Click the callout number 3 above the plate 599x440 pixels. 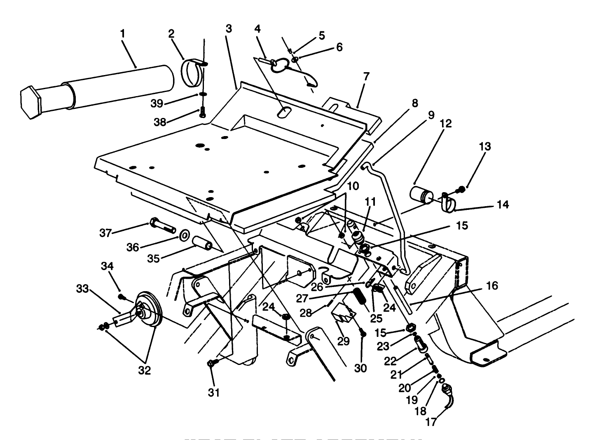point(229,29)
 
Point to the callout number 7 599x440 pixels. point(366,76)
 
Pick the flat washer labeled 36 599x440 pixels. point(184,235)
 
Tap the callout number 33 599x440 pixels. point(83,289)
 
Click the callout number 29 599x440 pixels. point(343,341)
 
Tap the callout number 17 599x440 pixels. point(431,422)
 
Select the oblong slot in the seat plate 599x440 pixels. point(283,112)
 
